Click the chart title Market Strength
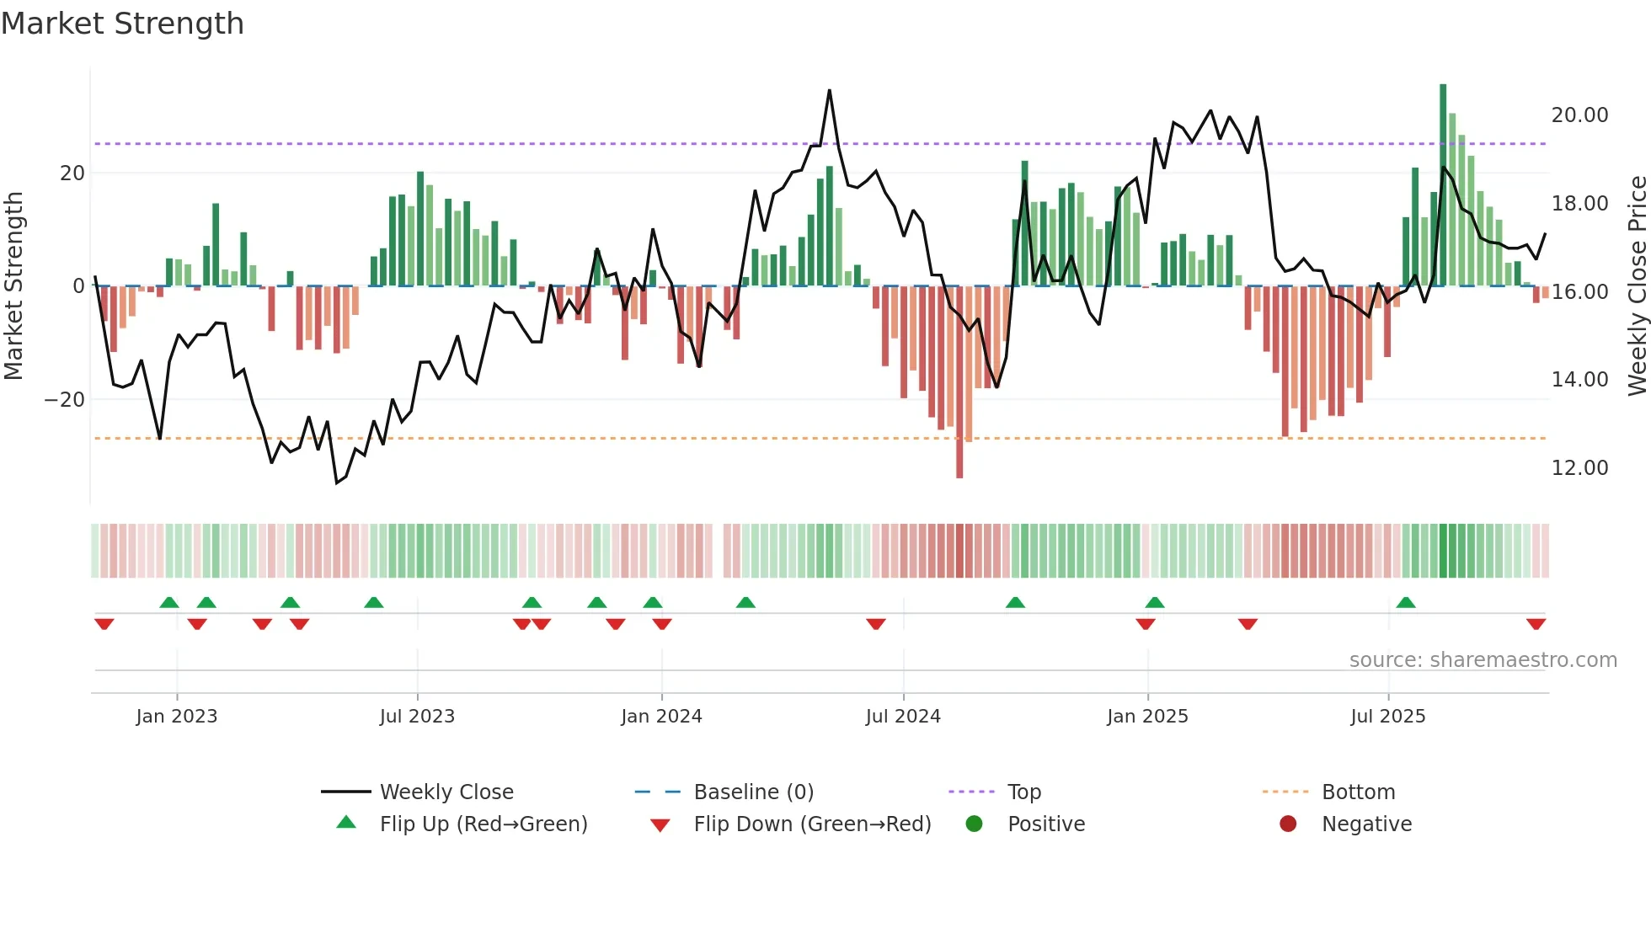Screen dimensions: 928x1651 point(122,24)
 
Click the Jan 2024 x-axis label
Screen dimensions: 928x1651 point(661,717)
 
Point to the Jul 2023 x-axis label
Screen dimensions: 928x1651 point(417,717)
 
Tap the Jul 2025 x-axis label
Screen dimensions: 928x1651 point(1387,717)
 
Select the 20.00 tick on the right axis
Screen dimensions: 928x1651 point(1579,115)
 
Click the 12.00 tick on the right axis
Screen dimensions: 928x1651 point(1579,468)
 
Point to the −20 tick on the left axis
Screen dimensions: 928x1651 point(65,400)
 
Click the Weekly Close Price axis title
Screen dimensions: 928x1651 point(1637,286)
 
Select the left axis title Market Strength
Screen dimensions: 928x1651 point(14,286)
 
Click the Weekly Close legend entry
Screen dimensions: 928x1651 point(446,792)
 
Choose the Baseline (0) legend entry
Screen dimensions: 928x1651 point(753,792)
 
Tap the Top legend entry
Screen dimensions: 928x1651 point(1023,792)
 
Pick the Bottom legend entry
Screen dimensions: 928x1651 point(1358,792)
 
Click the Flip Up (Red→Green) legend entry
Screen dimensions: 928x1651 point(483,824)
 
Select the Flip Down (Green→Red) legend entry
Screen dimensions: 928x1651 point(812,824)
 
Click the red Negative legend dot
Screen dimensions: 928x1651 point(1288,824)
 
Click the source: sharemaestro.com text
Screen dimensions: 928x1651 point(1483,660)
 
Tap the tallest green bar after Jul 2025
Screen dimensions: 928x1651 point(1443,185)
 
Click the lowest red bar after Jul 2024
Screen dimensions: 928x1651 point(959,383)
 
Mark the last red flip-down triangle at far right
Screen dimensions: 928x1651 point(1536,624)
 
